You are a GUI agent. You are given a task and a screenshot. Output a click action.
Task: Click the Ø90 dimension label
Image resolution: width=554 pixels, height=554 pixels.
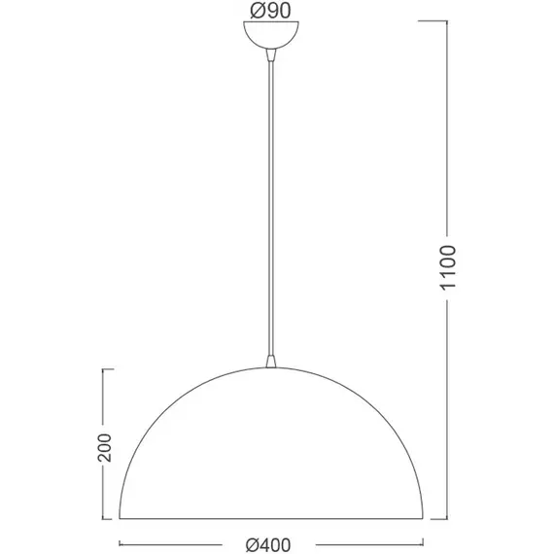[270, 11]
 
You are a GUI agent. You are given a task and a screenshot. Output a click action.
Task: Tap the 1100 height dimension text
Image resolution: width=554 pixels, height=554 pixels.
[448, 268]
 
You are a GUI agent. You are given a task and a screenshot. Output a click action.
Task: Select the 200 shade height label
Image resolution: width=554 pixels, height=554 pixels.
[104, 447]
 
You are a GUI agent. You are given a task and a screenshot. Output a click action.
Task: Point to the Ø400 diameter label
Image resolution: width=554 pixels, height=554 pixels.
[268, 545]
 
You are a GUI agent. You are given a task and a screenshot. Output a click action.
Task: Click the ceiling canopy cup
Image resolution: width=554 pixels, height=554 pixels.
[271, 35]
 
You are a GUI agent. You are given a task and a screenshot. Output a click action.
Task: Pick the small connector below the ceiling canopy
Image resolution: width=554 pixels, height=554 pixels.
[271, 54]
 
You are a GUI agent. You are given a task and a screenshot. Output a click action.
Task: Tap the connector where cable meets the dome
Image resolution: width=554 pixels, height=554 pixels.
[271, 362]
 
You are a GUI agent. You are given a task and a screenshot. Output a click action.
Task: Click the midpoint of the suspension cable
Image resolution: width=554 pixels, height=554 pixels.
[271, 208]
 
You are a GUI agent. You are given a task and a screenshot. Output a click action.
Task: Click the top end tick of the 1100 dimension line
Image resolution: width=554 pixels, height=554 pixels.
[433, 20]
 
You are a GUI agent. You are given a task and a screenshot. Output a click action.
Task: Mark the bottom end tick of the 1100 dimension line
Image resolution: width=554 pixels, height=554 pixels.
[439, 519]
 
